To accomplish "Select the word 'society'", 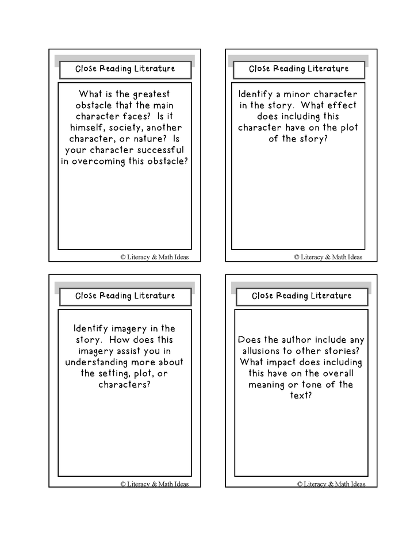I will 127,128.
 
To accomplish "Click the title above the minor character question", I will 298,69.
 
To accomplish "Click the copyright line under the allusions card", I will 331,484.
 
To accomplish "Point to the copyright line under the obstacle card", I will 154,257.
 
